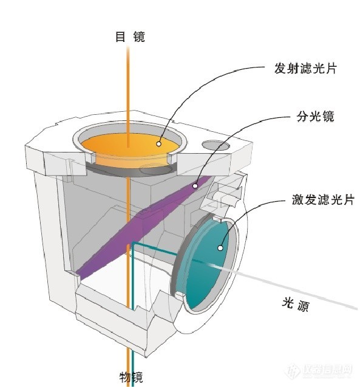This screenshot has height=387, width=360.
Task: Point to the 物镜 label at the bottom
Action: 131,375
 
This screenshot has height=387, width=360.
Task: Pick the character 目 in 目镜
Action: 120,37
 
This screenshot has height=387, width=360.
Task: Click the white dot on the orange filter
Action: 158,143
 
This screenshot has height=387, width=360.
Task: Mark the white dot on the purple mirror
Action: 195,185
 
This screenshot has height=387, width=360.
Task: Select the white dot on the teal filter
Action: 220,247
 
